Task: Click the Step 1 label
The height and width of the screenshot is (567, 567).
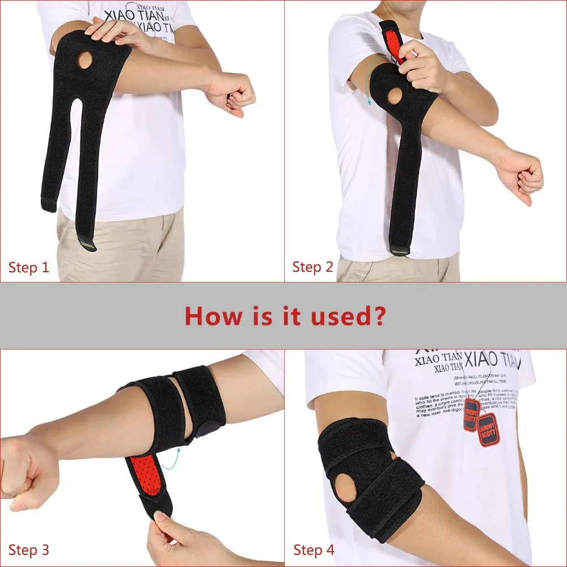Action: pyautogui.click(x=29, y=267)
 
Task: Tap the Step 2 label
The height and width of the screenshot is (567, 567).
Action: pyautogui.click(x=312, y=267)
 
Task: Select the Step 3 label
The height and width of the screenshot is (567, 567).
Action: pyautogui.click(x=29, y=549)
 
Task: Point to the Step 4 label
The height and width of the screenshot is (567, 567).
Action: pyautogui.click(x=314, y=549)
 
